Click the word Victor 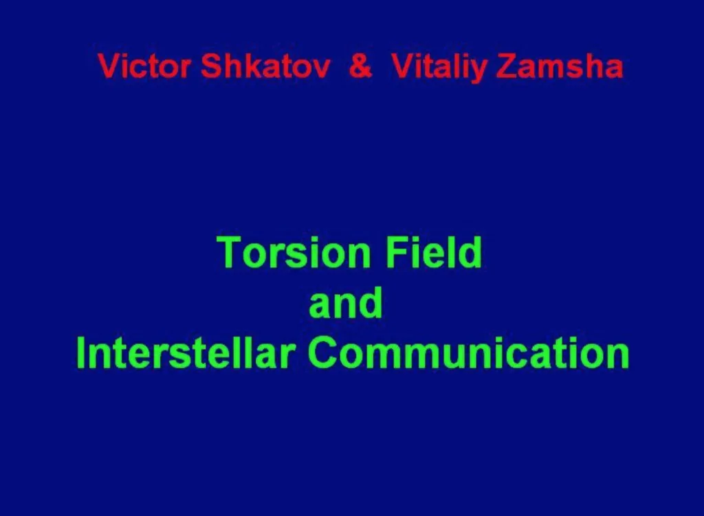click(x=144, y=67)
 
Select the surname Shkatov click(x=265, y=67)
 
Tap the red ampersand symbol click(x=360, y=67)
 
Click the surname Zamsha click(x=560, y=67)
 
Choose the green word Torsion click(x=294, y=252)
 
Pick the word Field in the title click(x=434, y=252)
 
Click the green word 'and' click(x=346, y=303)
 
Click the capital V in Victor click(x=109, y=67)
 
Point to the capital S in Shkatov click(x=211, y=67)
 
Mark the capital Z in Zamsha click(x=507, y=67)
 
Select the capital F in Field click(x=396, y=252)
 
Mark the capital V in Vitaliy click(x=403, y=67)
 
